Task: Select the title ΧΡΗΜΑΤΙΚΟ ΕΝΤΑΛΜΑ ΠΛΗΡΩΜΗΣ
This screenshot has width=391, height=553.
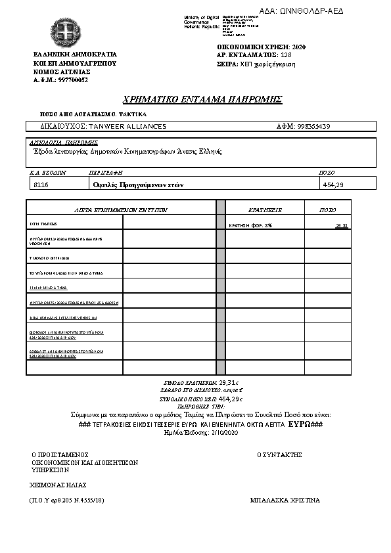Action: pyautogui.click(x=202, y=99)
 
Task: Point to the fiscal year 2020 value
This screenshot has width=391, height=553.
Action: pyautogui.click(x=298, y=47)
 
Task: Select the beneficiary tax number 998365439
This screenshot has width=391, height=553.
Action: pyautogui.click(x=313, y=126)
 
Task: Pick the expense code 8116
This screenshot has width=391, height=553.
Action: pyautogui.click(x=41, y=185)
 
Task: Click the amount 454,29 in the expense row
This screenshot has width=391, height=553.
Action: pyautogui.click(x=333, y=185)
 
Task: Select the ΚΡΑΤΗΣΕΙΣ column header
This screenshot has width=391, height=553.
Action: pyautogui.click(x=265, y=210)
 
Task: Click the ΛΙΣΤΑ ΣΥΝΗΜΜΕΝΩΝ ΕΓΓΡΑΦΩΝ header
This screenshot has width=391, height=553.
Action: pyautogui.click(x=121, y=210)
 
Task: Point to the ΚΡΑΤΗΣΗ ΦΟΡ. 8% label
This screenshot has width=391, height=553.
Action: pyautogui.click(x=250, y=225)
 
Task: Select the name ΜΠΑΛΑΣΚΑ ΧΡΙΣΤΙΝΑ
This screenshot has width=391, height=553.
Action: pyautogui.click(x=285, y=500)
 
